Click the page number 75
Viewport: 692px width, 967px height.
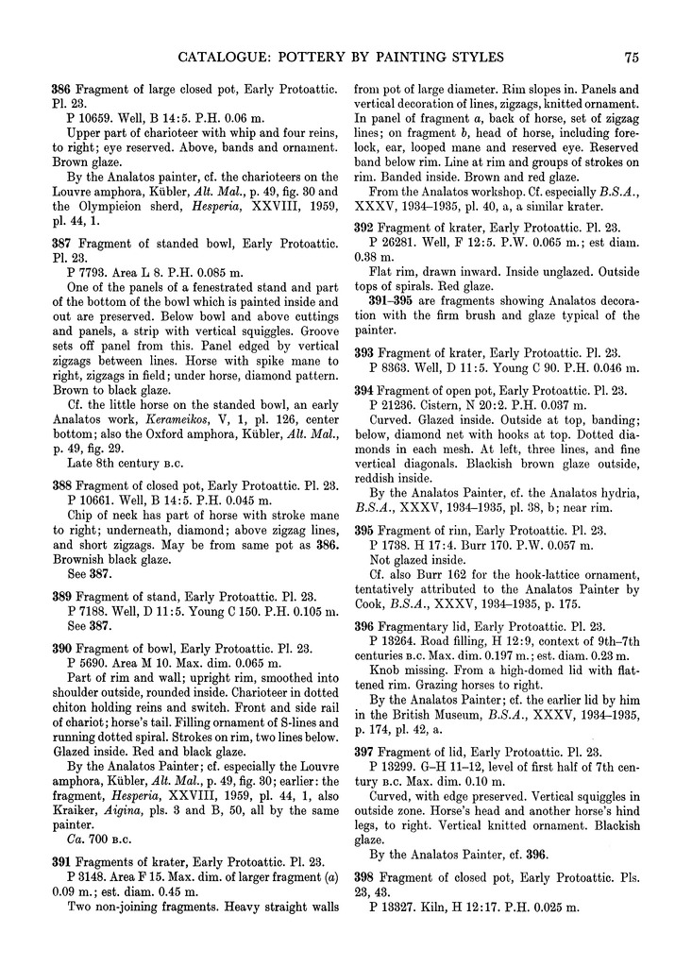click(633, 58)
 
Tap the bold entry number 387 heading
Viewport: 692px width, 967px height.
click(61, 243)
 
